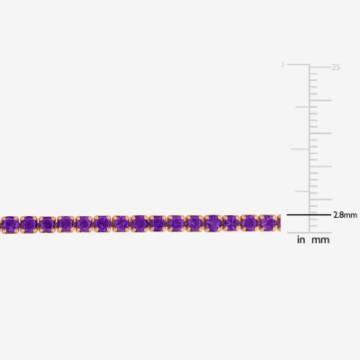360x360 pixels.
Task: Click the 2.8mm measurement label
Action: point(346,215)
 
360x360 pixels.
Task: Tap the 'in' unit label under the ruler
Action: point(301,239)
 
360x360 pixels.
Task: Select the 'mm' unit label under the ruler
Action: point(320,240)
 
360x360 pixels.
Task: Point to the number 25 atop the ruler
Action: point(336,67)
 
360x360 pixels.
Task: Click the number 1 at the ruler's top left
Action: point(283,66)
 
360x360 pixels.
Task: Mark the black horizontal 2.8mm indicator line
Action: point(309,215)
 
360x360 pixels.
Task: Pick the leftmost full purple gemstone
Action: point(11,224)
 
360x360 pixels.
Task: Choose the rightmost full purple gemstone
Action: point(267,223)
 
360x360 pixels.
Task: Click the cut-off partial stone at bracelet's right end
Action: point(279,223)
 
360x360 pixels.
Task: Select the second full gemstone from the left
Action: point(29,224)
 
